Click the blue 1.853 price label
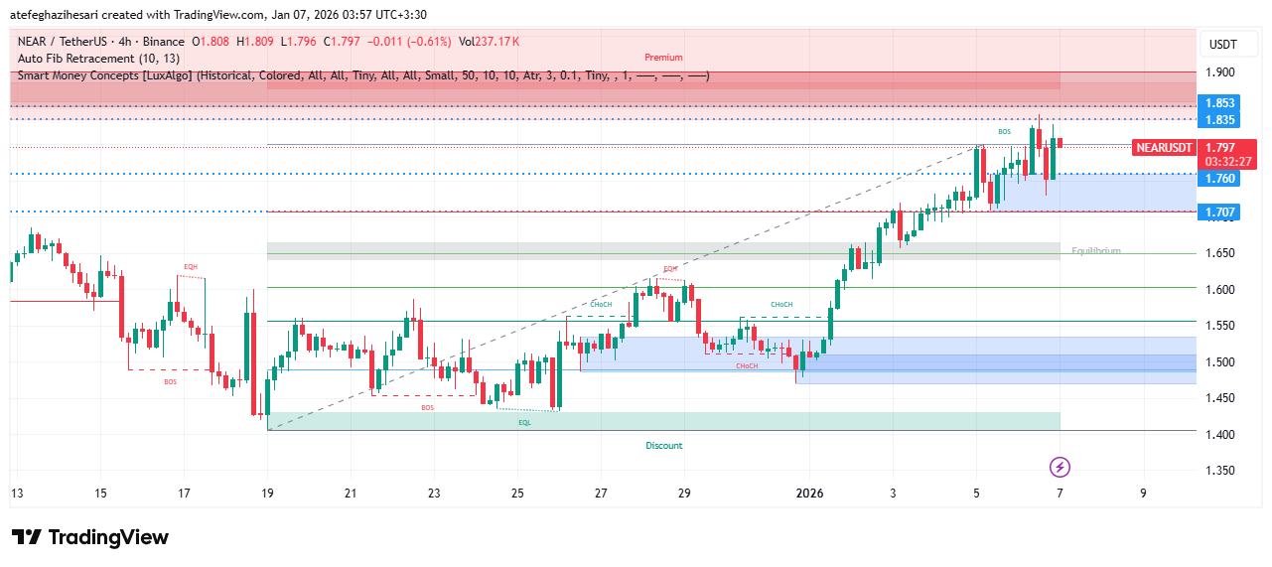tap(1219, 103)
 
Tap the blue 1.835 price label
tap(1219, 120)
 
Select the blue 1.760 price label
tap(1219, 179)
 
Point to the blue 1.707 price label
tap(1219, 213)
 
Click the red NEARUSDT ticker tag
tap(1163, 148)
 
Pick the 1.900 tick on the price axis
tap(1220, 72)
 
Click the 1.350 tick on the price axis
tap(1220, 470)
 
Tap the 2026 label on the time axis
tap(810, 493)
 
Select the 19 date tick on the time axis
tap(267, 493)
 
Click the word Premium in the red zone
tap(663, 58)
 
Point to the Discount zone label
tap(663, 446)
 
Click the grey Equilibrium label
tap(1095, 251)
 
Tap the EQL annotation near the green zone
tap(524, 422)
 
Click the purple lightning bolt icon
tap(1060, 467)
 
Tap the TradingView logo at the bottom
tap(90, 537)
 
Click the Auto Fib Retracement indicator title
tap(98, 59)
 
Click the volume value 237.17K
tap(496, 42)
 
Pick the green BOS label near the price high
tap(1004, 132)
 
